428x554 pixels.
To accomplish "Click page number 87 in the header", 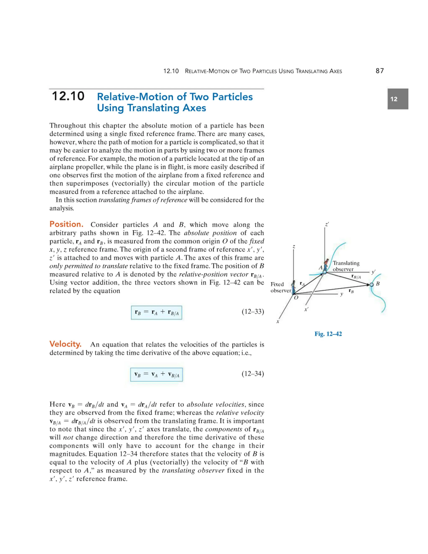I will [x=380, y=71].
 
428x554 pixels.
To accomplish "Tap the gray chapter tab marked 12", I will [x=397, y=99].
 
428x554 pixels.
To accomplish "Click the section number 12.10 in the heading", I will [x=68, y=96].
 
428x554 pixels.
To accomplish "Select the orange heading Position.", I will [x=66, y=224].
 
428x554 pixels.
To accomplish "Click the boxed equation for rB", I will [x=157, y=313].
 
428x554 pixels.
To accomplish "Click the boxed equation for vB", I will [x=157, y=374].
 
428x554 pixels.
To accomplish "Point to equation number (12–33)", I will [x=252, y=311].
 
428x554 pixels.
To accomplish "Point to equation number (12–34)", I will [x=252, y=374].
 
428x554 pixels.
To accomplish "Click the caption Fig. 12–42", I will [x=328, y=334].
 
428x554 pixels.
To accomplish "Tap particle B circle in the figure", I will [x=371, y=285].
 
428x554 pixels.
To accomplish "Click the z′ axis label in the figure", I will [x=327, y=225].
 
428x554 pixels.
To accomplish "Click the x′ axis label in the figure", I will [x=307, y=309].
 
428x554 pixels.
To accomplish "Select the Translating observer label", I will [x=346, y=266].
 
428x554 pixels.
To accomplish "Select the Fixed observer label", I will [x=280, y=287].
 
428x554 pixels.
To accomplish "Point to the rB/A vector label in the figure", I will [x=356, y=277].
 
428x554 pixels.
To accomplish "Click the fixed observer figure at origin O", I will [x=294, y=287].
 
